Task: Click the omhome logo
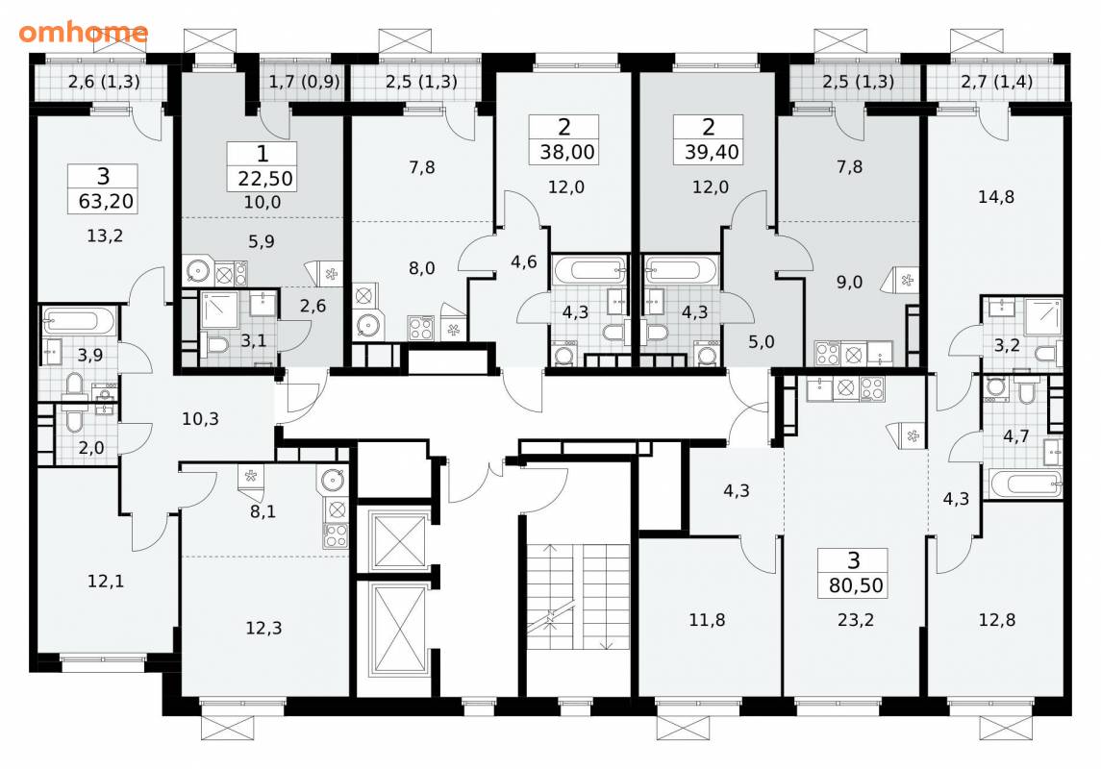point(83,33)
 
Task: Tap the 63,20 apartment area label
point(106,201)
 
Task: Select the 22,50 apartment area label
point(264,178)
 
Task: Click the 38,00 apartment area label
point(566,152)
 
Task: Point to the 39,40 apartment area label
point(712,152)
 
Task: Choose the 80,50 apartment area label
point(855,584)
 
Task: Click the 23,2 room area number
point(855,620)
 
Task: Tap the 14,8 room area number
point(995,197)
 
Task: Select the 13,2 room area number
point(105,236)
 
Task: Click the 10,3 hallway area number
point(200,419)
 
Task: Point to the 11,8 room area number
point(707,620)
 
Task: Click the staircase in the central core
point(578,597)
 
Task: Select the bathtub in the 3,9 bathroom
point(79,321)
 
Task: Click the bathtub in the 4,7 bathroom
point(1025,484)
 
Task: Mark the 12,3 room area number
point(263,628)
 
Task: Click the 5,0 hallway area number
point(762,341)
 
